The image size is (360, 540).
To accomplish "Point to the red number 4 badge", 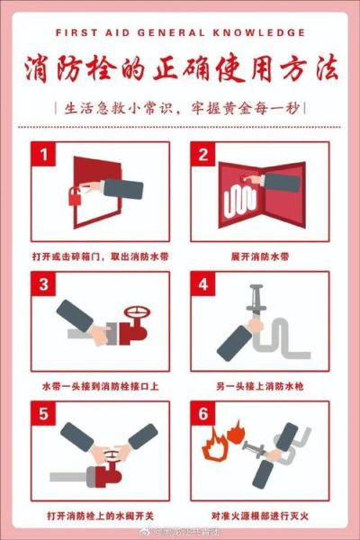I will pyautogui.click(x=202, y=285).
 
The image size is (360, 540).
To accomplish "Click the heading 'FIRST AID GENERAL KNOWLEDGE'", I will pyautogui.click(x=180, y=31).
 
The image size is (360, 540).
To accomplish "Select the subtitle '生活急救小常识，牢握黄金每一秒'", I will pyautogui.click(x=180, y=109).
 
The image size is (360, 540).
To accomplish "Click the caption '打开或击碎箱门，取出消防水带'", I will pyautogui.click(x=102, y=256).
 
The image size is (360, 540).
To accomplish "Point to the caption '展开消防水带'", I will pyautogui.click(x=258, y=256).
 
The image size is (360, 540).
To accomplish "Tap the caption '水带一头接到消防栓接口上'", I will pyautogui.click(x=101, y=385).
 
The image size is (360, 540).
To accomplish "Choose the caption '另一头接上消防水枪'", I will pyautogui.click(x=258, y=385).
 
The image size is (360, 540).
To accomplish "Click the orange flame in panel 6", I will pyautogui.click(x=219, y=450).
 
